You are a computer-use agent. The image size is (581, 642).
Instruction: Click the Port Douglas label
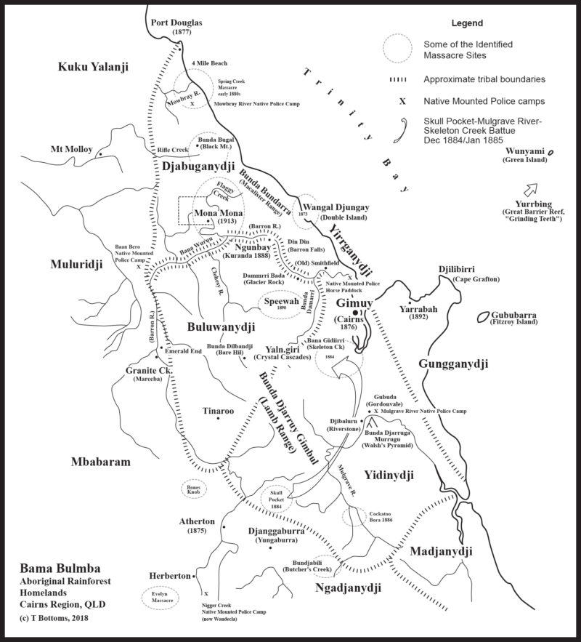(x=176, y=23)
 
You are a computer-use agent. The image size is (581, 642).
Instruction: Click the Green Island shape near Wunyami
(x=551, y=151)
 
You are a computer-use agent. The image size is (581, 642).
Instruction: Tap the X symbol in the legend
(x=402, y=103)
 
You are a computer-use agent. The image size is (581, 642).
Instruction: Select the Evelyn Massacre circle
(x=161, y=597)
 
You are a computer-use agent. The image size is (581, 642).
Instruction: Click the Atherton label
(x=197, y=521)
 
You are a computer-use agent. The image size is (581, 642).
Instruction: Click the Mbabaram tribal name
(x=99, y=462)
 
